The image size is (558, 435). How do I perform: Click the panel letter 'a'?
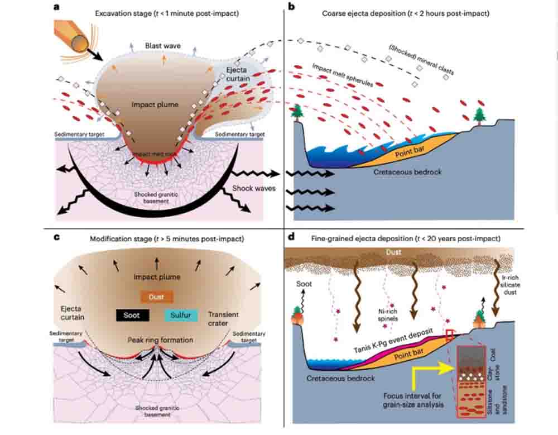pyautogui.click(x=56, y=7)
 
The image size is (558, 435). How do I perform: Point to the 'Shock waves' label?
pyautogui.click(x=254, y=188)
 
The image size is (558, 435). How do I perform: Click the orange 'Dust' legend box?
pyautogui.click(x=157, y=297)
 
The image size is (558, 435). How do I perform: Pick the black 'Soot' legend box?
pyautogui.click(x=132, y=315)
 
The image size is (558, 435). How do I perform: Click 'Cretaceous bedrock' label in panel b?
pyautogui.click(x=407, y=172)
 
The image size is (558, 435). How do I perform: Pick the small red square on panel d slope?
pyautogui.click(x=450, y=334)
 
